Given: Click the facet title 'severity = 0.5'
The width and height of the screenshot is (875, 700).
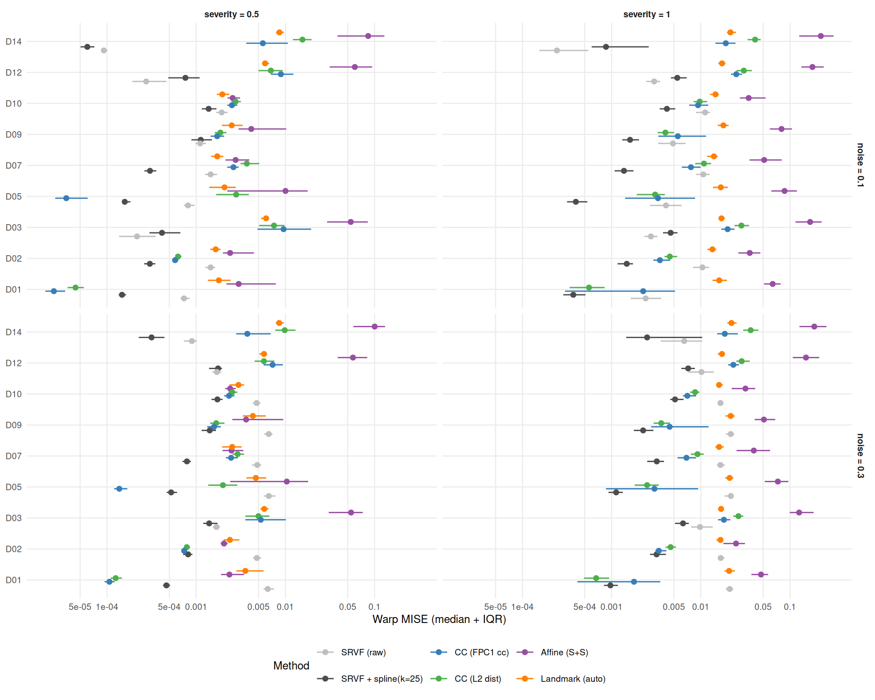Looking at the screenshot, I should [x=232, y=15].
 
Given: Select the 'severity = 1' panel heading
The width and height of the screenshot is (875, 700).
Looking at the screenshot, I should [x=647, y=15].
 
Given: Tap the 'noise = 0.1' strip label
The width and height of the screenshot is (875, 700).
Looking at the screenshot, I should [x=860, y=165].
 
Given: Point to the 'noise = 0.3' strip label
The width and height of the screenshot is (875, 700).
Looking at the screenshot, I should [x=860, y=456].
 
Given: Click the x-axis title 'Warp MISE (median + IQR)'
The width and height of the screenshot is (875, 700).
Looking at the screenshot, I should [x=439, y=619].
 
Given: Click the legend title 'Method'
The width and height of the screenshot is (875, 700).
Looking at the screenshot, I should [x=291, y=666].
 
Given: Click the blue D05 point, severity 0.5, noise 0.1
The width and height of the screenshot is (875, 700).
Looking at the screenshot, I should [x=66, y=198].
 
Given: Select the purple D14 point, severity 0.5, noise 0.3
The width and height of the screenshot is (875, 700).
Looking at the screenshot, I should [x=375, y=327].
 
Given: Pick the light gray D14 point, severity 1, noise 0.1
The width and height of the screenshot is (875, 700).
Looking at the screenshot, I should [x=557, y=51].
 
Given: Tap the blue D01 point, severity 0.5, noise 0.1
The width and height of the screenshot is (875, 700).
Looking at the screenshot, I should [x=54, y=291].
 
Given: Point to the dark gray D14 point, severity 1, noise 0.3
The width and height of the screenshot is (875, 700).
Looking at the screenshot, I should [x=647, y=338].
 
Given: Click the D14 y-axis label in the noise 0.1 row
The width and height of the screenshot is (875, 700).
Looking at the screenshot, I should [x=14, y=42].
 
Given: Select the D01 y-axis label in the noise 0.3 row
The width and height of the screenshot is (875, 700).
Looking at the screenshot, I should [x=14, y=580].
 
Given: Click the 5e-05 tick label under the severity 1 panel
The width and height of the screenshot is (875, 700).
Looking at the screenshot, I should [x=495, y=607].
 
